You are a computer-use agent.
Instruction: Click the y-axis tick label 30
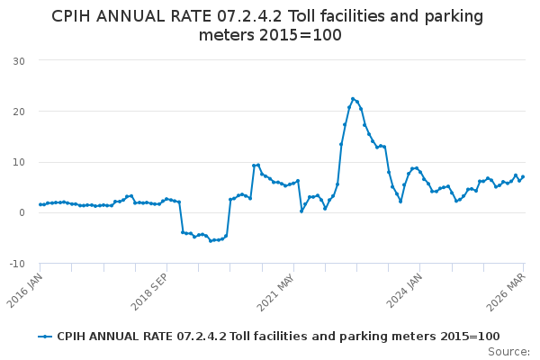point(18,60)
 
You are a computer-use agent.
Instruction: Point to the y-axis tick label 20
point(18,112)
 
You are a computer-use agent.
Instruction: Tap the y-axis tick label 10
point(18,162)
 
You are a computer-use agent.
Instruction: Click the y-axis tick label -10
point(16,264)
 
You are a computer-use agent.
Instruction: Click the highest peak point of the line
point(353,99)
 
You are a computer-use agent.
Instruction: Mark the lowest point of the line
point(211,240)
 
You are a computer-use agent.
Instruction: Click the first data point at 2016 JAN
point(40,204)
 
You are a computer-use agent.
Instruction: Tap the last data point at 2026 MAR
point(523,176)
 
